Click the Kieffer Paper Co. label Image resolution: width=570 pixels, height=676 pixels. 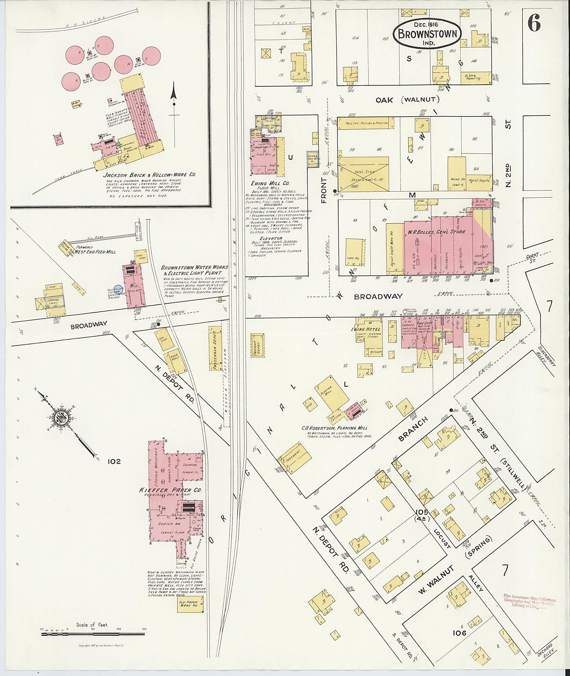point(175,490)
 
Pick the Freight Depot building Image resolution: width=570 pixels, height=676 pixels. point(257,345)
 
